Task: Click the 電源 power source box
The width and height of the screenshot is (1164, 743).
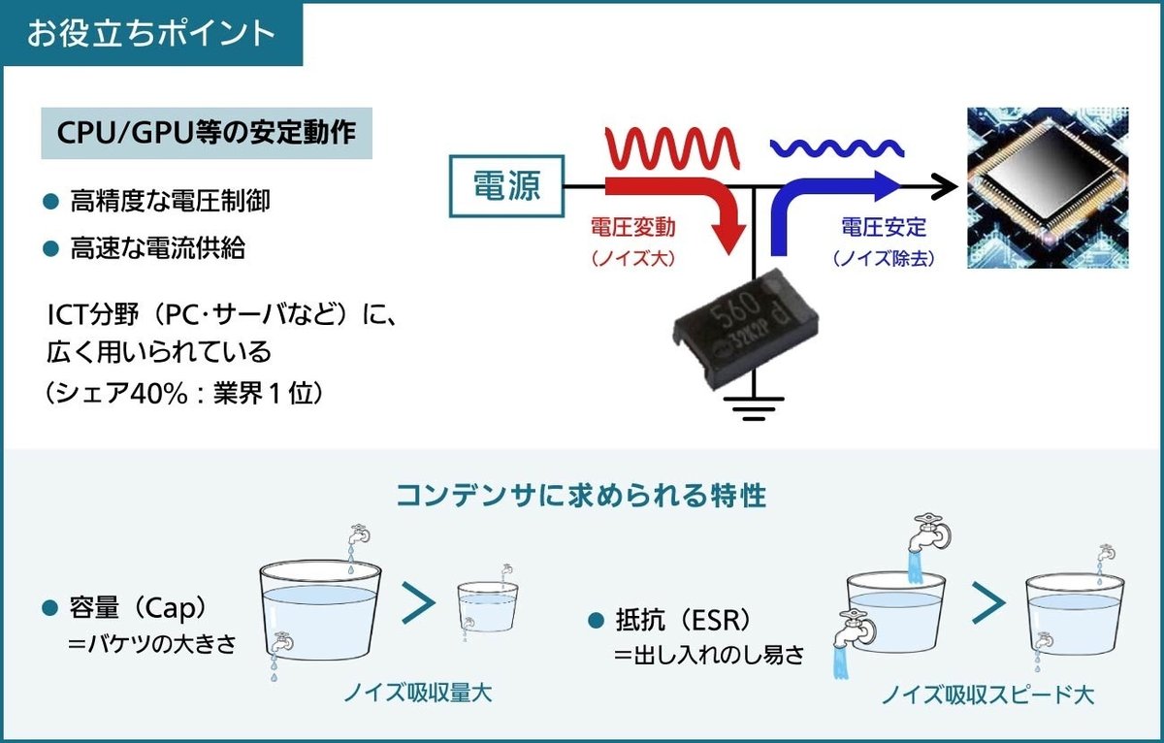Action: point(506,186)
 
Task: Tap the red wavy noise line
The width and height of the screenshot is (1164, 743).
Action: point(672,148)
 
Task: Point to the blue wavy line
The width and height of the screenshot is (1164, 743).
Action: point(836,148)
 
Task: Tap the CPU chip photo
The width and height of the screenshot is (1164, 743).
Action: point(1048,187)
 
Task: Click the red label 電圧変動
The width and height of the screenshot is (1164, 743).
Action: point(632,228)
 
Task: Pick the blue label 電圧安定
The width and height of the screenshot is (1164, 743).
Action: point(884,228)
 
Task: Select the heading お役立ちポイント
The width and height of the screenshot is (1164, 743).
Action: point(150,33)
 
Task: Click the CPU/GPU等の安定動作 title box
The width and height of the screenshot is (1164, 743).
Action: point(207,133)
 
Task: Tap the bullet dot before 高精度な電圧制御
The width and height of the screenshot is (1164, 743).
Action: point(50,202)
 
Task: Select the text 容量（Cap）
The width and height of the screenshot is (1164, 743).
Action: point(138,608)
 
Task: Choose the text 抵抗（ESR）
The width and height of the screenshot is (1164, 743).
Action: point(684,620)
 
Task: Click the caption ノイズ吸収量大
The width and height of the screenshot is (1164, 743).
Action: point(417,694)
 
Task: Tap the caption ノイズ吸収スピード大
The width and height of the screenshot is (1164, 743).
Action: point(987,695)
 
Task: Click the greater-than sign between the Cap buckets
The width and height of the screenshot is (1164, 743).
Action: point(419,602)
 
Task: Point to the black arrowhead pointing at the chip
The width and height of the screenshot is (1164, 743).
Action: point(945,186)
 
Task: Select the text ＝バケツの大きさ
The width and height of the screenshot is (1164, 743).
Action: point(151,644)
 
